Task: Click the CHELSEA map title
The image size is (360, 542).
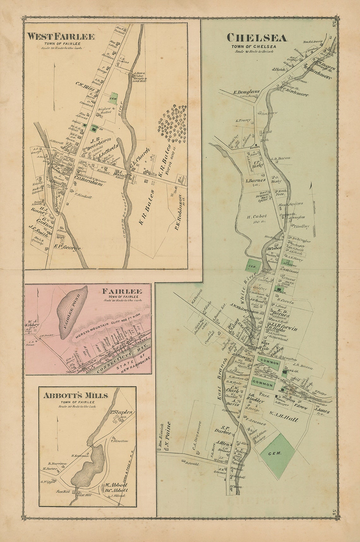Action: coord(257,38)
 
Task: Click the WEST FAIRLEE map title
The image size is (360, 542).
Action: coord(61,37)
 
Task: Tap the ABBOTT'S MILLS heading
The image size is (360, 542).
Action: coord(76,395)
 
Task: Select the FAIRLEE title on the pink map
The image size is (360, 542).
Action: coord(122,291)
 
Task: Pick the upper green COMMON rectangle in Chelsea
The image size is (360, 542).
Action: coord(267,363)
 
